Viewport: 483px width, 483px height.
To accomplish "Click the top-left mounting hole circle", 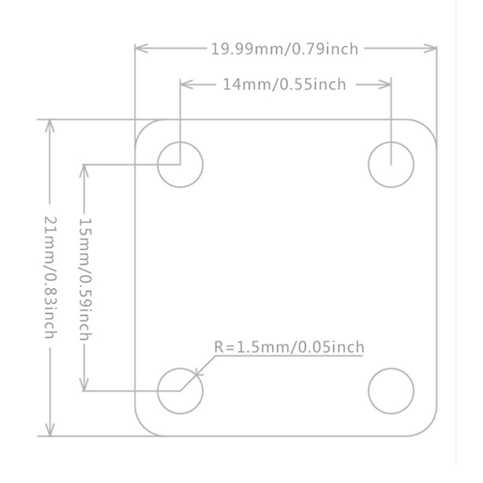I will tap(180, 164).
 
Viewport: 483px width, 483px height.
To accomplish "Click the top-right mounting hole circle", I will tap(391, 164).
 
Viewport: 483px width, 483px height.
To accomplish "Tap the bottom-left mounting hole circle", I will tap(180, 391).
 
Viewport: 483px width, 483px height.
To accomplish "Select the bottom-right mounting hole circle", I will tap(391, 391).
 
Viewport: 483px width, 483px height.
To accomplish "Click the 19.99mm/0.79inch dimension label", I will tap(285, 49).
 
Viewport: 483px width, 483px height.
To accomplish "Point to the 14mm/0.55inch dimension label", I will tap(285, 85).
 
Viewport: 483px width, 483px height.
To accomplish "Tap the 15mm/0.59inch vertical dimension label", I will tap(85, 277).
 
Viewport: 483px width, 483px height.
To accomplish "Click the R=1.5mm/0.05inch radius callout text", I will tap(290, 347).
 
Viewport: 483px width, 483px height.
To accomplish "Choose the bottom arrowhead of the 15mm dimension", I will tap(85, 385).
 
